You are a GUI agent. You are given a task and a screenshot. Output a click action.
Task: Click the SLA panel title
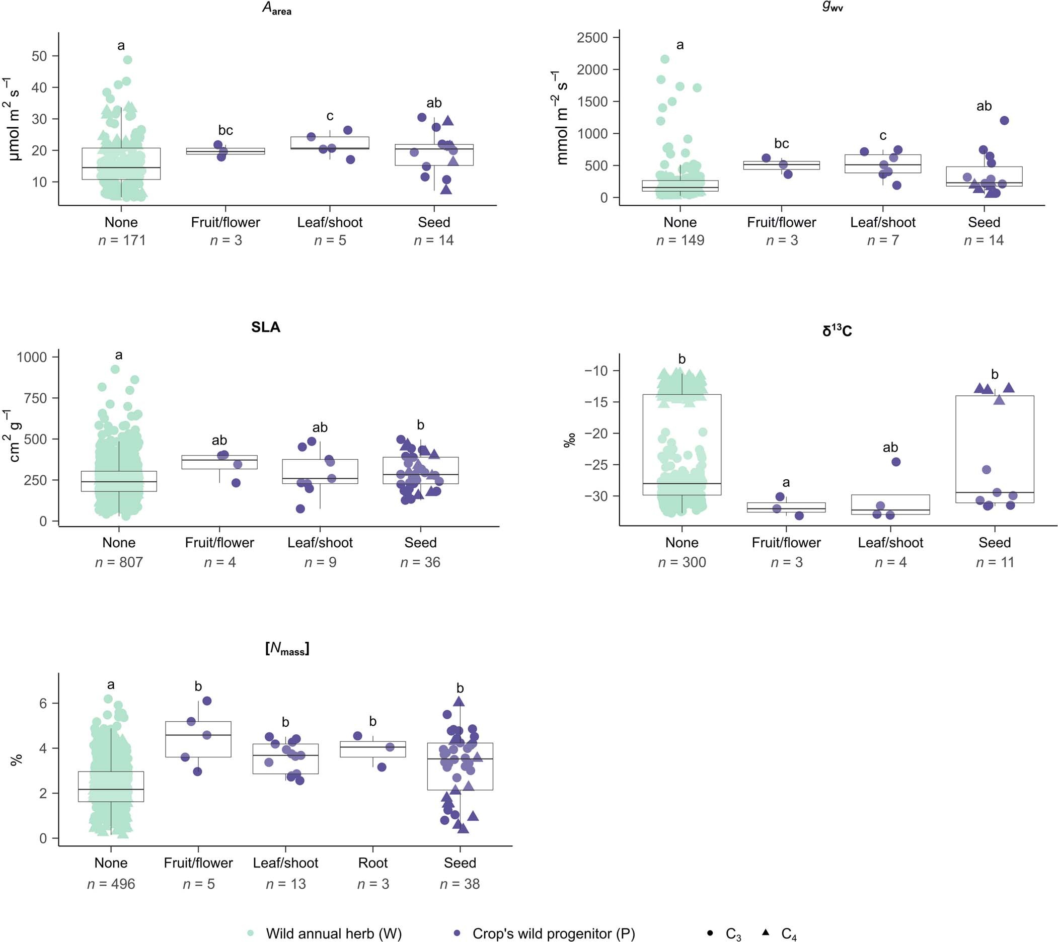coord(266,327)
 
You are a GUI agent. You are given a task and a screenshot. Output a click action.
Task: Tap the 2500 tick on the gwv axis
coord(592,38)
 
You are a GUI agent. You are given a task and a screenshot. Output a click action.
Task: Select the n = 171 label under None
coord(122,240)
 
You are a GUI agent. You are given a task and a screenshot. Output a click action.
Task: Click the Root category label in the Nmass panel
coord(373,863)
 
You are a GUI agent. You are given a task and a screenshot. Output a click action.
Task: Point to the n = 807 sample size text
coord(119,562)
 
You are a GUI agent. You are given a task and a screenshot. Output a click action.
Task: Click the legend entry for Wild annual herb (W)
coord(334,933)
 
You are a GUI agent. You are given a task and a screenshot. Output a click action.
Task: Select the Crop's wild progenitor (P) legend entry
coord(553,933)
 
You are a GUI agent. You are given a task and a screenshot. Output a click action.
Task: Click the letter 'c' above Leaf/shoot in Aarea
coord(330,116)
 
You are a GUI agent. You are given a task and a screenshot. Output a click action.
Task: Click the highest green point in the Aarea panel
coord(127,60)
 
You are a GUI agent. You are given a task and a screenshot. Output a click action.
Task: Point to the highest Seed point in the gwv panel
coord(1004,121)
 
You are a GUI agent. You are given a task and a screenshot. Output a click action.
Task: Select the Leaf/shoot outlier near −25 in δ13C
coord(896,462)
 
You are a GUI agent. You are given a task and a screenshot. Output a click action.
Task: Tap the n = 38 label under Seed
coord(460,884)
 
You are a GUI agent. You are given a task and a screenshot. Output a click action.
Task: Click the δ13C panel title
coord(837,330)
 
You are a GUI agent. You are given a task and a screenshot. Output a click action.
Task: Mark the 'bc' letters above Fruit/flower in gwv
coord(782,143)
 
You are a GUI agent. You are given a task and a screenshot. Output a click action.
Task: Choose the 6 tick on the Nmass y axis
coord(43,704)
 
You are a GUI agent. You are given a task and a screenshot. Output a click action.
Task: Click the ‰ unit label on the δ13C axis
coord(570,441)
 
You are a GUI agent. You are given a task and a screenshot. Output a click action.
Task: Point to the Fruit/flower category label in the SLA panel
coord(219,543)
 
